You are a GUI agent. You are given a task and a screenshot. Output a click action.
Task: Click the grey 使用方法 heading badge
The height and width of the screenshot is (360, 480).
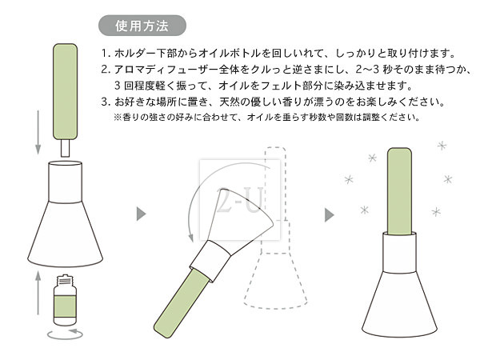coord(142,26)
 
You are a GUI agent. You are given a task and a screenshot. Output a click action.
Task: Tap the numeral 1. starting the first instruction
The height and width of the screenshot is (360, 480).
coord(106,54)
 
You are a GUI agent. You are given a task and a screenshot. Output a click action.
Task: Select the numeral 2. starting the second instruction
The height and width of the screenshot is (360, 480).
coord(106,70)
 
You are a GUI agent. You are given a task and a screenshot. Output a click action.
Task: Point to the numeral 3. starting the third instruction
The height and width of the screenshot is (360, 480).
coord(106,102)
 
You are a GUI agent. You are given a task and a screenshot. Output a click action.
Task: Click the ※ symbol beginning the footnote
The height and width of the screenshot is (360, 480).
coord(118,117)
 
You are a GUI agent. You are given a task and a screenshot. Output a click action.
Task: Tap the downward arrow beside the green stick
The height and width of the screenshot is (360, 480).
coord(38,132)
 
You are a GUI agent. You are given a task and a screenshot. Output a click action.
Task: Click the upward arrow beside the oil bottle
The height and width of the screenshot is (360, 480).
coord(38,293)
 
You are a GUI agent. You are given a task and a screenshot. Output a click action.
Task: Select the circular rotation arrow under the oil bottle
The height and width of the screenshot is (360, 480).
coord(65,334)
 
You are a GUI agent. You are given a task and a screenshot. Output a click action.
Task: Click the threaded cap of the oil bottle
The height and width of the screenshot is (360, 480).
coord(65,279)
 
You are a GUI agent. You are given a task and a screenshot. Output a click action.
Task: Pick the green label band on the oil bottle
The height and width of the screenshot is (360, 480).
coord(65,306)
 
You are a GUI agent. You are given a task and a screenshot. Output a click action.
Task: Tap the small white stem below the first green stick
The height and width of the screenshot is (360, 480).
coord(66,148)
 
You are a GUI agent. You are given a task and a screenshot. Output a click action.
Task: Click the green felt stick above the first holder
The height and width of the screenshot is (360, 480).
coord(66,91)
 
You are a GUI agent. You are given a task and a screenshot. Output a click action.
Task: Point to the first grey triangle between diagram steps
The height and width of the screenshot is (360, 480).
coord(141,214)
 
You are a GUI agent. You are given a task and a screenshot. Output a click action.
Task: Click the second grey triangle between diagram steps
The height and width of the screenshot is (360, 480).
coord(329,215)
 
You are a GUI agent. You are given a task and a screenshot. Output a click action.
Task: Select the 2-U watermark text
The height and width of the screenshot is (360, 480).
coord(239,200)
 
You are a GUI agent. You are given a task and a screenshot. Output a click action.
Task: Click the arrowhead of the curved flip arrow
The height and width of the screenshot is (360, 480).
coord(191,238)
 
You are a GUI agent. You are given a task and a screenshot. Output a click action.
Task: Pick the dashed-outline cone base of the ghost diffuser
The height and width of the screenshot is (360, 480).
coord(275,280)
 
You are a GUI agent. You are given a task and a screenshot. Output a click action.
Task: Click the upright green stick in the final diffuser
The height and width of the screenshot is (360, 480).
coord(399,191)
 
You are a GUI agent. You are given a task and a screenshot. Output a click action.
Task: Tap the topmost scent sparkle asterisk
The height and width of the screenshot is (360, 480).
coord(442,146)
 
